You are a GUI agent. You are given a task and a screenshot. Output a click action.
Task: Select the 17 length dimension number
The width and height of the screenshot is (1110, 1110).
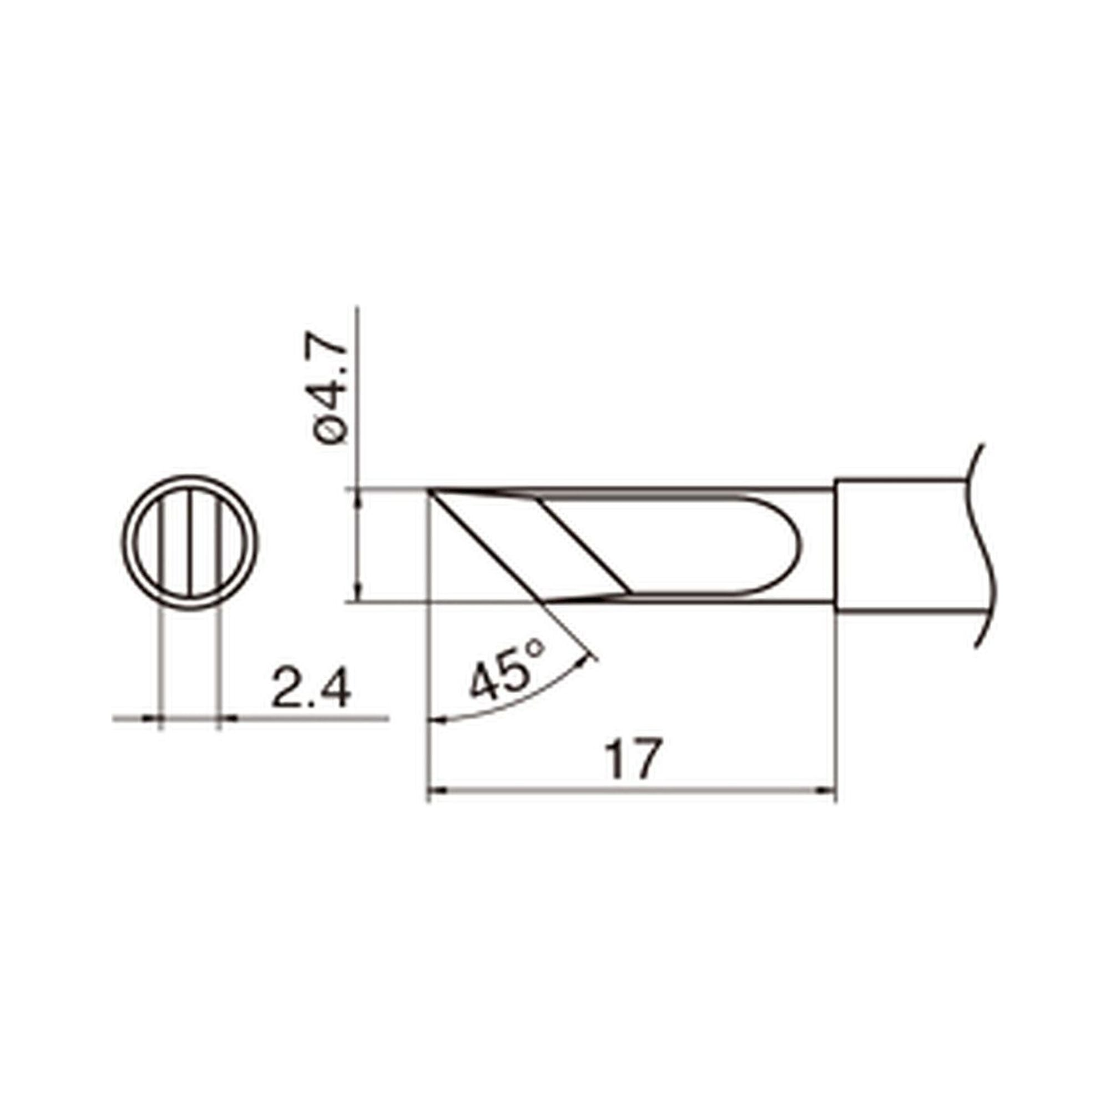point(633,760)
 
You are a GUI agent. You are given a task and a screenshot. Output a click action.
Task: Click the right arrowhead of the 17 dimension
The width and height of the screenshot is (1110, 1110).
point(828,791)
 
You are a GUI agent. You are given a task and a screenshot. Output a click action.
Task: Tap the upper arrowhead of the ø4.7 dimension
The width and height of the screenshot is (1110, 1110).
point(358,497)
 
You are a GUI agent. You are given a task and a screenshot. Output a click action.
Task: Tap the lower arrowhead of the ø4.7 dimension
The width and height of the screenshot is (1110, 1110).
point(358,594)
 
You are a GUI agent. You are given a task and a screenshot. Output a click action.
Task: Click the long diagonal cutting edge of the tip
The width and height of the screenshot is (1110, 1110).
point(488,546)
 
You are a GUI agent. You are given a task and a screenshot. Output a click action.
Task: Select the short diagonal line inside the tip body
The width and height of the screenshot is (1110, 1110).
point(586,546)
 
